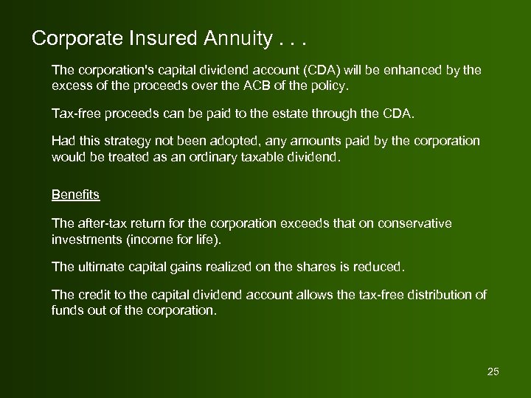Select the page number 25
pyautogui.click(x=493, y=371)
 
